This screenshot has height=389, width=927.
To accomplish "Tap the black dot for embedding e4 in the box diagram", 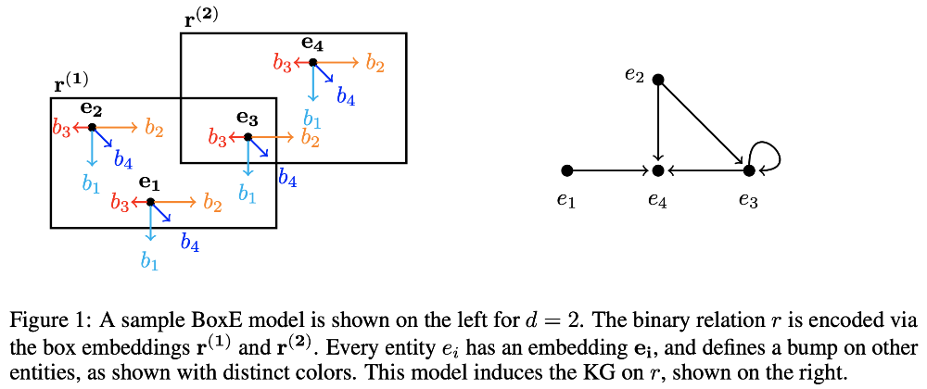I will [313, 63].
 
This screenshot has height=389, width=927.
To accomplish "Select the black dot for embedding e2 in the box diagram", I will [92, 128].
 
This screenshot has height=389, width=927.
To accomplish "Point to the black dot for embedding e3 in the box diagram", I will [248, 137].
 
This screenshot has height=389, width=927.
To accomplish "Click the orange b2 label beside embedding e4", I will [375, 63].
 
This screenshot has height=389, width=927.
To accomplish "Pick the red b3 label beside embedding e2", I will [60, 129].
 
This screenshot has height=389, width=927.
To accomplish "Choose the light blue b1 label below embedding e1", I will [149, 261].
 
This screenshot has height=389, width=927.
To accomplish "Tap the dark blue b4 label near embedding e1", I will [191, 243].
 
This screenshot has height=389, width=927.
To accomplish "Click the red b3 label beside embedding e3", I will [217, 139].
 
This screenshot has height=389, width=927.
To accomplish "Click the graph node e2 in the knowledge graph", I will [657, 80].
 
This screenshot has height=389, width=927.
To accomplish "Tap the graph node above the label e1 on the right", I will [567, 170].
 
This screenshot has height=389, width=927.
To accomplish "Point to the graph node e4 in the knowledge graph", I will [657, 170].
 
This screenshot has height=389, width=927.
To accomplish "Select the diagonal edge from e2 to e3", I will [703, 125].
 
